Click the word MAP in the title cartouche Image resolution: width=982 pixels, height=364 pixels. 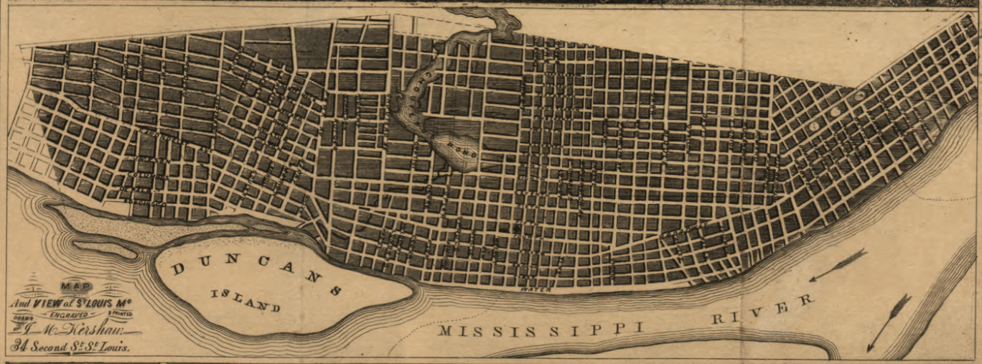[71, 285]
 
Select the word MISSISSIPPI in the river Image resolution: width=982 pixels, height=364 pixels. [541, 330]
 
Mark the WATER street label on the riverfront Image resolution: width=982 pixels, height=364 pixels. [532, 290]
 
